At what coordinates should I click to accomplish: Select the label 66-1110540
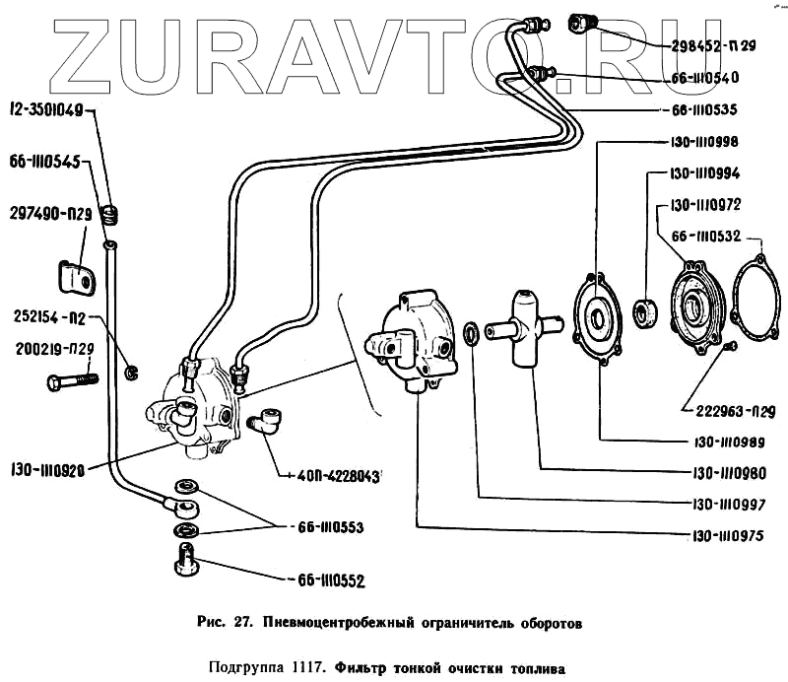pyautogui.click(x=704, y=77)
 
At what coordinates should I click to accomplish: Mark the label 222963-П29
pyautogui.click(x=723, y=407)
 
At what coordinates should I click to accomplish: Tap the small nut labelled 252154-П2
pyautogui.click(x=131, y=373)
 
